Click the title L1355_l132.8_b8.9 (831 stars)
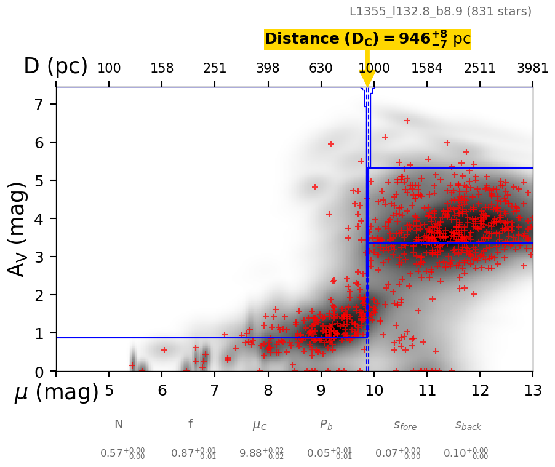(x=440, y=12)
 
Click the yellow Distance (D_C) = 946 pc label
(x=367, y=39)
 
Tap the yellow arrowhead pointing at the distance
(x=367, y=79)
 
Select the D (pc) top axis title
(x=55, y=66)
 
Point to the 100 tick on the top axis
(x=109, y=68)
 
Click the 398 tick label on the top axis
(x=268, y=68)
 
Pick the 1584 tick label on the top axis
(x=427, y=68)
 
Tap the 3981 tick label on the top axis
(x=532, y=68)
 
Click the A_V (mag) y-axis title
(x=18, y=228)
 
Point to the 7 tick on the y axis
(x=39, y=105)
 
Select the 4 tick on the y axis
(x=39, y=219)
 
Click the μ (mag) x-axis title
(x=56, y=393)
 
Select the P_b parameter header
(x=326, y=425)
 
